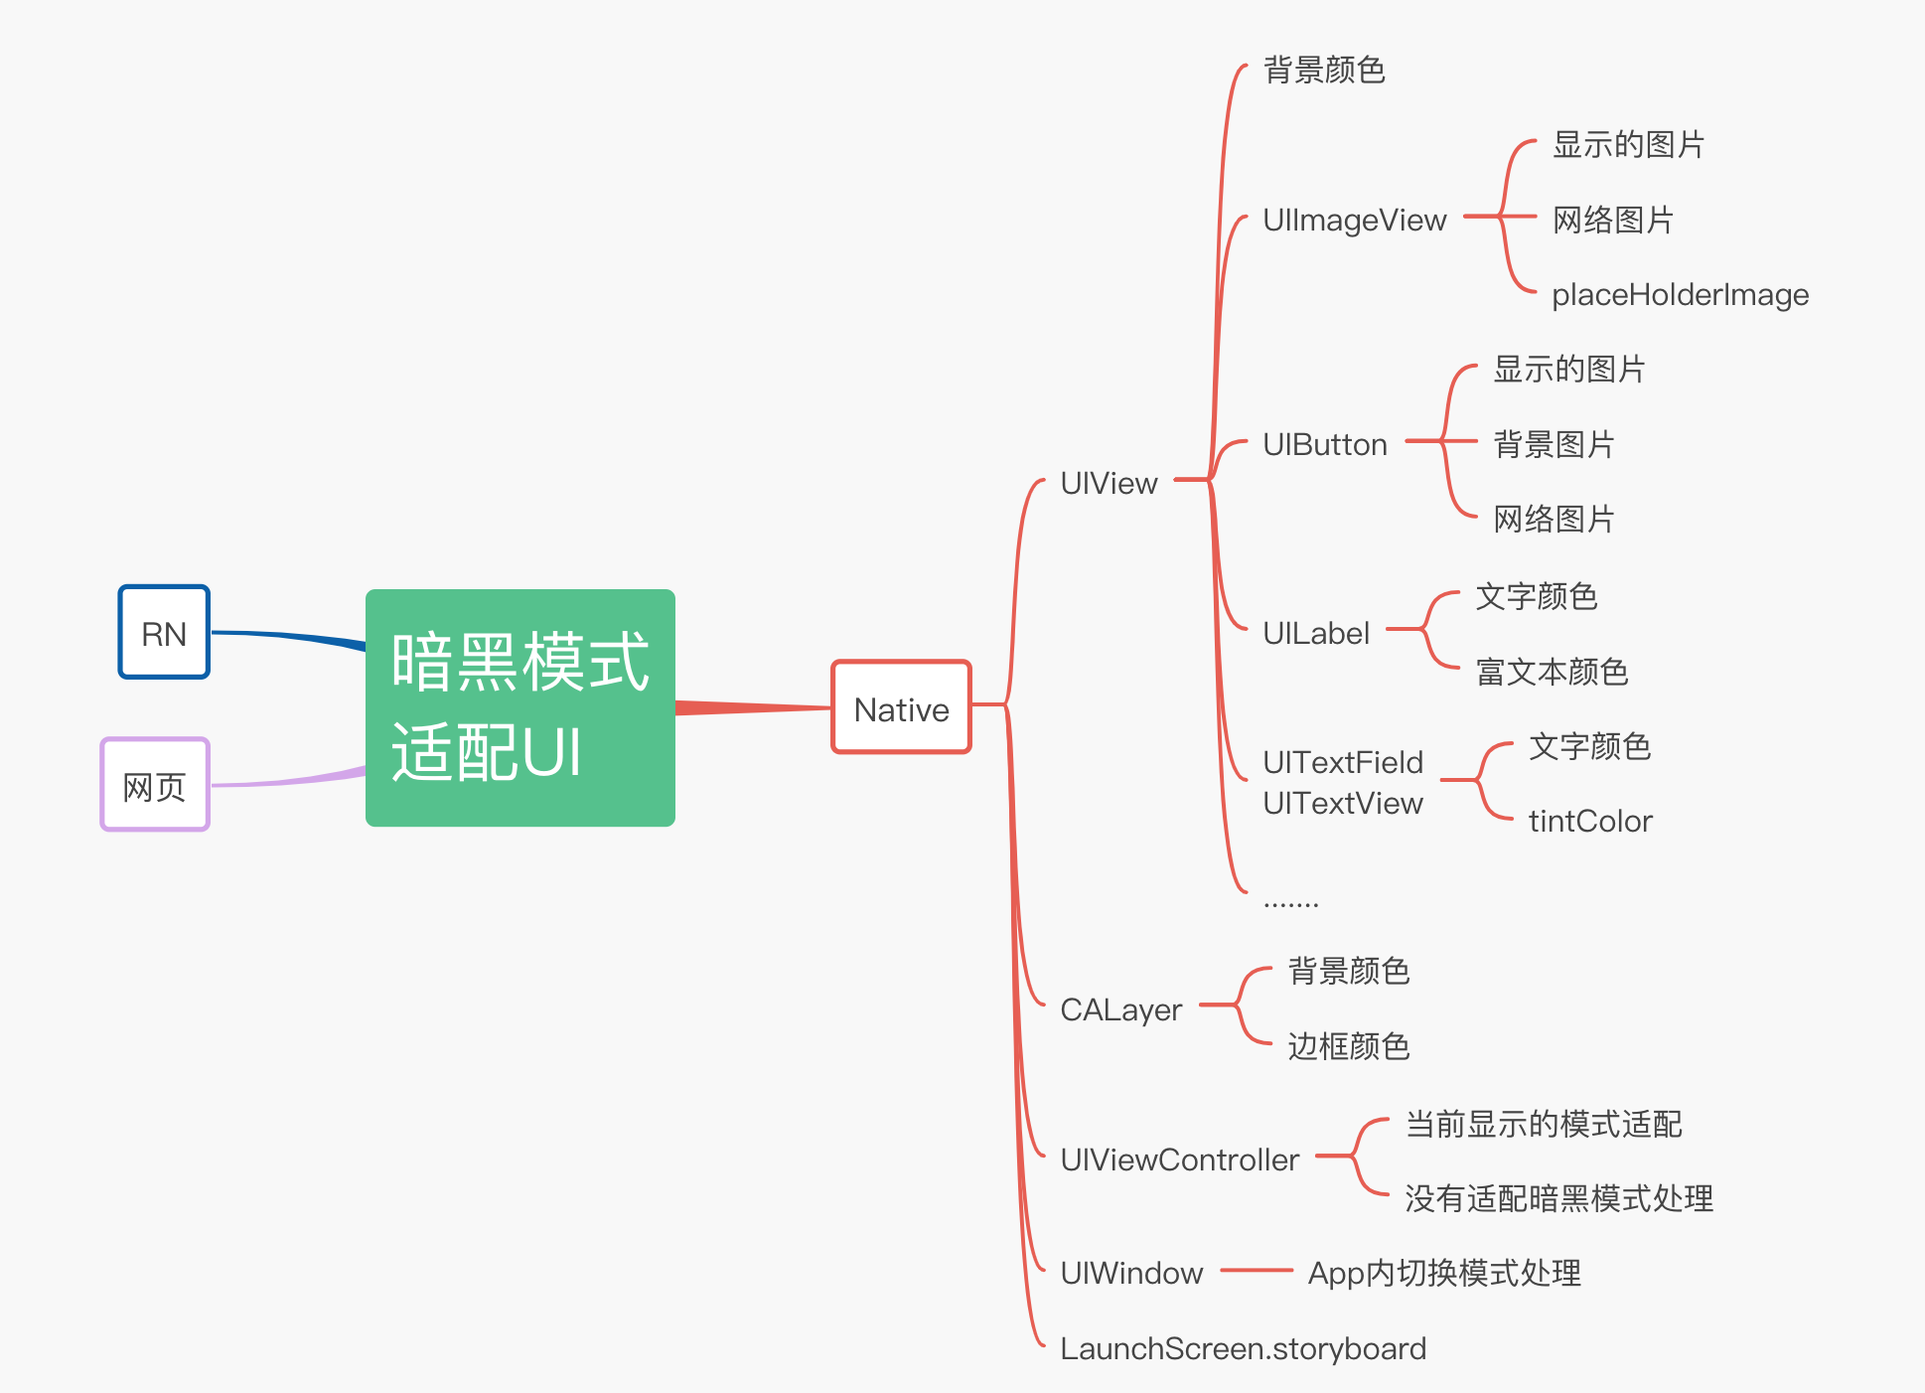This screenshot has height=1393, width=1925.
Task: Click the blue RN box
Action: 164,632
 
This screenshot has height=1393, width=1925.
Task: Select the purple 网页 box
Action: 155,784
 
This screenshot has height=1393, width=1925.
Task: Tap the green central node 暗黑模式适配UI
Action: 520,707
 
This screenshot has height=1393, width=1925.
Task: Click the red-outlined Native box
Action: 901,706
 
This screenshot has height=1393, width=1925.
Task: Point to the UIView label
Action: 1109,483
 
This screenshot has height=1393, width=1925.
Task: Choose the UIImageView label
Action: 1354,220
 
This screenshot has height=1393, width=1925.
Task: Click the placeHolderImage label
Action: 1680,294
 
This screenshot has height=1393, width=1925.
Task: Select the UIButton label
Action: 1324,444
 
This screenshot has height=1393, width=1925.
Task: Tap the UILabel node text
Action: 1315,633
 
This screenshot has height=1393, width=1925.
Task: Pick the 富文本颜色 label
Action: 1552,672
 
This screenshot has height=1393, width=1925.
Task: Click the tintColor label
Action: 1590,821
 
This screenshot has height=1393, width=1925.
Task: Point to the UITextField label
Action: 1343,762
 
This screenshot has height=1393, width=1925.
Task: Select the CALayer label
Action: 1120,1009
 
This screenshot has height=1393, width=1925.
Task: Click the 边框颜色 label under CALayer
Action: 1348,1045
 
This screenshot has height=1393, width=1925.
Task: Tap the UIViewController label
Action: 1179,1160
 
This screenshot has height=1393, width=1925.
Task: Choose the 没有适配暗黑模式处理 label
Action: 1558,1198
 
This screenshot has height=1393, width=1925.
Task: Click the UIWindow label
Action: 1131,1273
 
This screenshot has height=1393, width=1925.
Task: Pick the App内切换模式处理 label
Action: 1444,1273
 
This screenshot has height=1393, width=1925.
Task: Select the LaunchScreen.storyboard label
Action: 1243,1348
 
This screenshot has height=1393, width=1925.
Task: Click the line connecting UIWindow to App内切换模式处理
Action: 1257,1270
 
